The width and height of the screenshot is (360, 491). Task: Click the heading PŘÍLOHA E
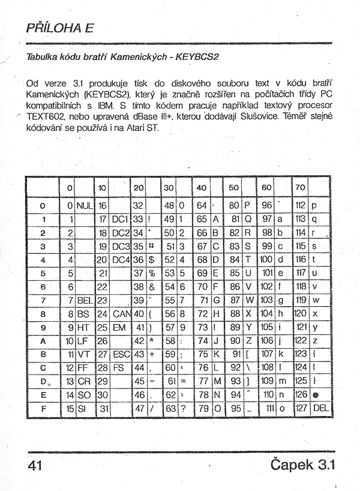(61, 28)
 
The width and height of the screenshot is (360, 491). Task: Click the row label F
(43, 409)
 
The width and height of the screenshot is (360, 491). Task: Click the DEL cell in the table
(321, 409)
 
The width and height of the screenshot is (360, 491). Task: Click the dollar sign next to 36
(152, 260)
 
